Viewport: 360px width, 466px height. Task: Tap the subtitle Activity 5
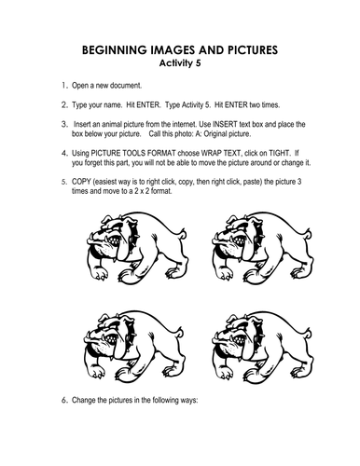point(180,63)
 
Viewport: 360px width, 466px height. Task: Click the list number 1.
point(64,86)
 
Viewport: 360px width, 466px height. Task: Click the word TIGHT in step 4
point(279,153)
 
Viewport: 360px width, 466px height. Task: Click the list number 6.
point(64,400)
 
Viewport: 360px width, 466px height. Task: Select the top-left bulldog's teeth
point(111,240)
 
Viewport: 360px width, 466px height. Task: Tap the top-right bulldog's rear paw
point(298,273)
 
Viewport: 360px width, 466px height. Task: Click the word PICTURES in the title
point(252,50)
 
